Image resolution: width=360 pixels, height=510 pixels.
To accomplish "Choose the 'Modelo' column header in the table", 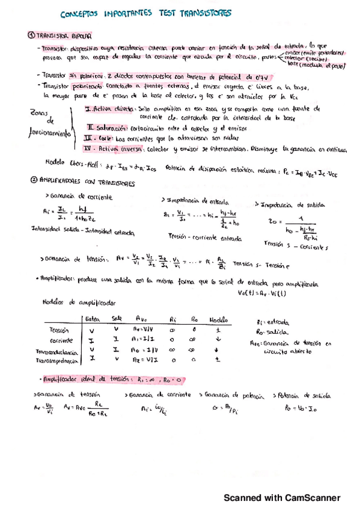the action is coord(219,319).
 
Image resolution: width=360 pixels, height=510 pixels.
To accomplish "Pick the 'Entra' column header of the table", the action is coord(92,319).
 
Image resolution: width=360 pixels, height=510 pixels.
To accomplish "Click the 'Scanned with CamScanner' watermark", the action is coord(282,498).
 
